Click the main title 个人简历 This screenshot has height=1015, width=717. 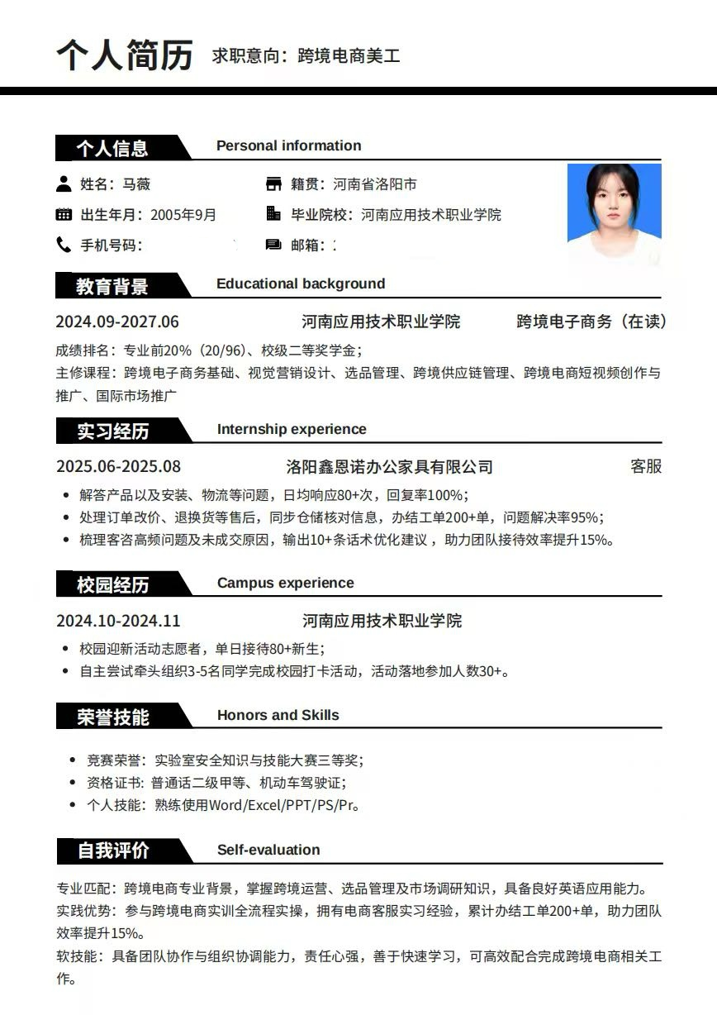point(125,55)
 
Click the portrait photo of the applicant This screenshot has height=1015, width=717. point(614,213)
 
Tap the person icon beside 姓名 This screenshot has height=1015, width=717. point(64,183)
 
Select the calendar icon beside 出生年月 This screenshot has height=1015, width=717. point(64,215)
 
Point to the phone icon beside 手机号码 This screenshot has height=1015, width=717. point(64,245)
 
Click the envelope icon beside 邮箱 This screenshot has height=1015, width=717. point(273,245)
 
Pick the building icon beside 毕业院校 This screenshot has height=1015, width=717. point(273,214)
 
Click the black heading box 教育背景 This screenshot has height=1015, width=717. point(113,286)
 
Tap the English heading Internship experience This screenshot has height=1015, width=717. point(292,429)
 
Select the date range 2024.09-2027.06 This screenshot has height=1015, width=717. point(117,322)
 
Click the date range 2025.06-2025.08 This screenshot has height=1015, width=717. point(118,466)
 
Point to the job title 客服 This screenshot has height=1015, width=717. point(646,466)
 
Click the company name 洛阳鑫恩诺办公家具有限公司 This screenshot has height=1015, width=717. point(389,467)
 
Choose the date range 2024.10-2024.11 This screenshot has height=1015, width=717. point(118,621)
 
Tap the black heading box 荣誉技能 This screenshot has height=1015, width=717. point(113,717)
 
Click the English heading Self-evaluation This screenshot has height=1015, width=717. point(268,850)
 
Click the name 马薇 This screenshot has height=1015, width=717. point(136,184)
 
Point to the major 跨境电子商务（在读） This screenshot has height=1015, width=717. point(591,322)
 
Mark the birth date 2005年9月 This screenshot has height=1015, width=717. point(183,215)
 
